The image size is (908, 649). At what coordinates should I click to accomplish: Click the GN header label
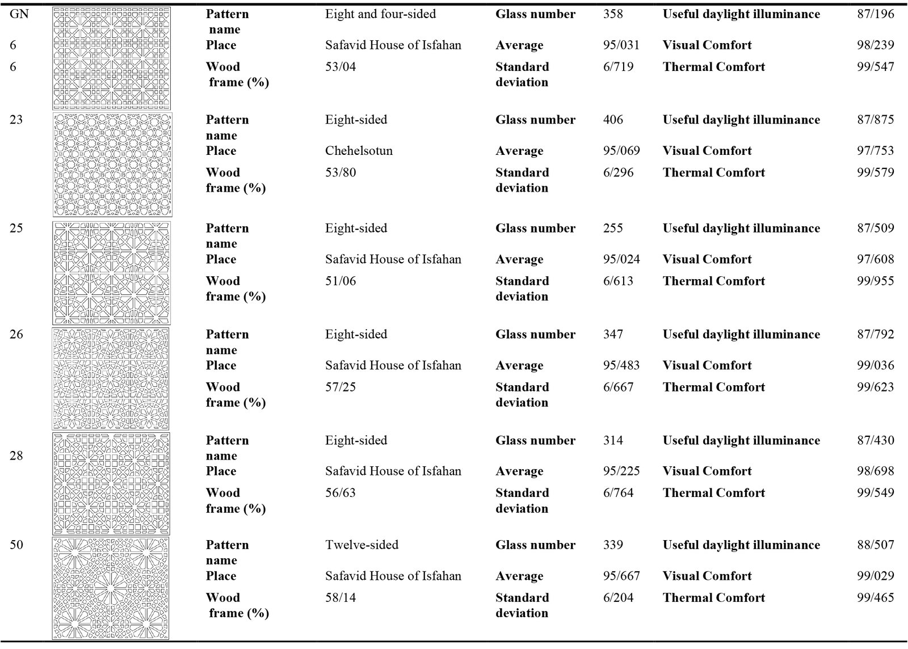point(19,14)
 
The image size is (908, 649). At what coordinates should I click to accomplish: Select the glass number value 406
point(613,120)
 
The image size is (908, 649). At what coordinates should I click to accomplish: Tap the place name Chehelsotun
point(359,151)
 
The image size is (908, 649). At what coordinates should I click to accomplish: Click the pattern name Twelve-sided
point(361,545)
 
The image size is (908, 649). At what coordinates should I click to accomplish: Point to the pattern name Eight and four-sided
point(380,14)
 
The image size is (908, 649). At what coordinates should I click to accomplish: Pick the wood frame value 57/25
point(340,387)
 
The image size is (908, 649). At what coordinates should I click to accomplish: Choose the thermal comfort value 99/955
point(875,281)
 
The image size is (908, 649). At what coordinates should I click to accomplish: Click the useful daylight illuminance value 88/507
point(875,545)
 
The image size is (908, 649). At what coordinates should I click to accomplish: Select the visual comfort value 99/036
point(875,365)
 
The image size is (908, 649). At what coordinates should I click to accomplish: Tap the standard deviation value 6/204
point(618,597)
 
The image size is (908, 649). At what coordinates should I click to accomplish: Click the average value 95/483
point(621,365)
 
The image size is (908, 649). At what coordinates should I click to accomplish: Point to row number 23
point(16,120)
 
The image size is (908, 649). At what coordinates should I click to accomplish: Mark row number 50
point(16,545)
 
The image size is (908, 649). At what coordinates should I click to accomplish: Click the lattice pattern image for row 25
point(111,273)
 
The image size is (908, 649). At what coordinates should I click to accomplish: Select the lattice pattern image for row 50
point(111,588)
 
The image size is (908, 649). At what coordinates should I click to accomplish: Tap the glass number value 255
point(613,228)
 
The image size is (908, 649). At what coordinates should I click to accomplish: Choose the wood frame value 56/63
point(340,492)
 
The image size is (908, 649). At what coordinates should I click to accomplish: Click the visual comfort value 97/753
point(875,151)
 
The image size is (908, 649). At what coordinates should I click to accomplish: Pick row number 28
point(16,456)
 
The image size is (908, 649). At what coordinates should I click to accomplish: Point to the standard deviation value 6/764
point(618,492)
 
